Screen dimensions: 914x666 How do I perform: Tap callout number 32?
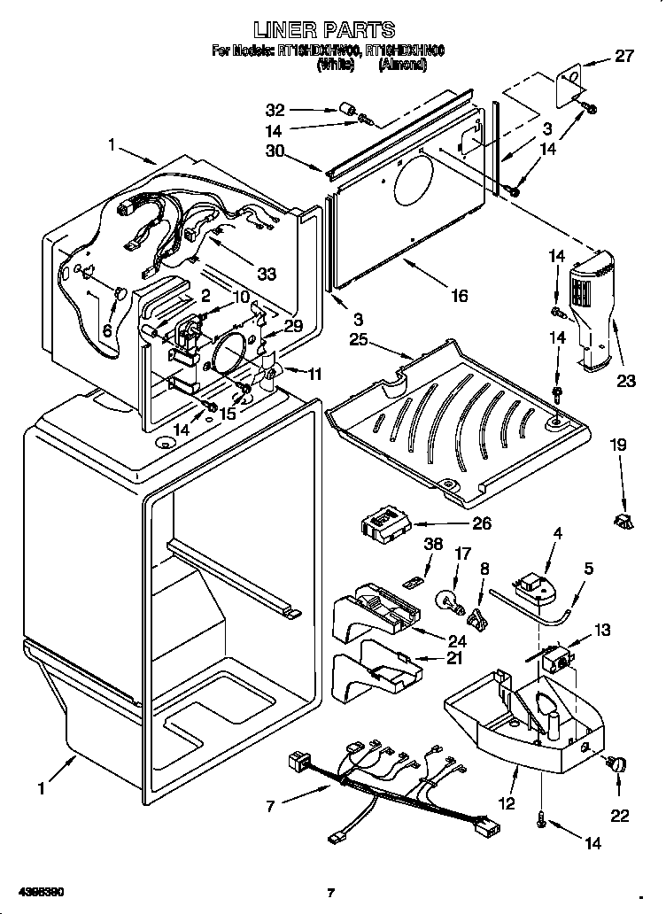(x=276, y=111)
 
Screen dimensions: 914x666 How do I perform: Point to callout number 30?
(x=276, y=151)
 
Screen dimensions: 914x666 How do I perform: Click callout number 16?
(x=459, y=296)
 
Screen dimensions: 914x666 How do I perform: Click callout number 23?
(x=625, y=383)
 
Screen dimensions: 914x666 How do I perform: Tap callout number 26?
(x=481, y=523)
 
